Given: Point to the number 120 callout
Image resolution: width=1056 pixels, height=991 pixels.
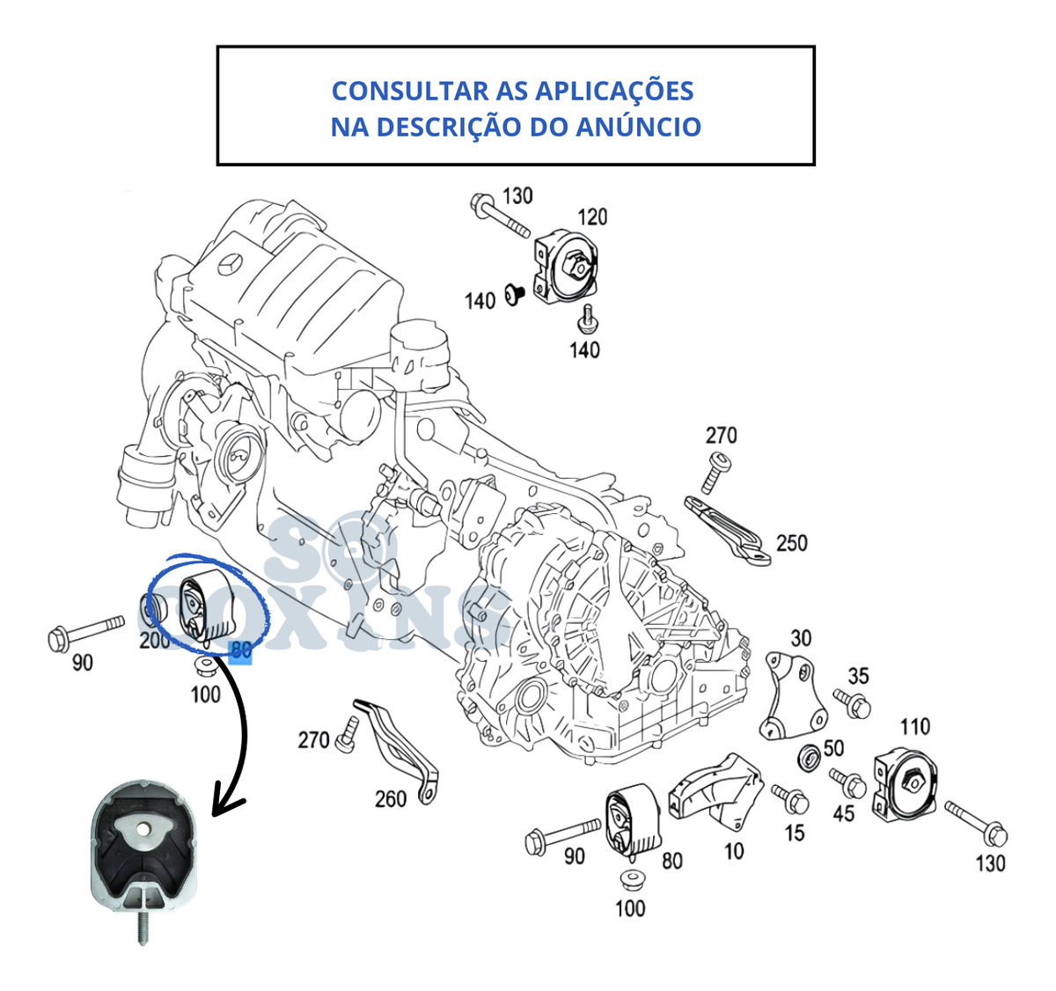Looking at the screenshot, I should click(592, 217).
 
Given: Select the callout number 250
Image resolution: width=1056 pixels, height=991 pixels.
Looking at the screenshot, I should click(791, 543).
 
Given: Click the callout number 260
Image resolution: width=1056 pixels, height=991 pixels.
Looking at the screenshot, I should click(391, 798).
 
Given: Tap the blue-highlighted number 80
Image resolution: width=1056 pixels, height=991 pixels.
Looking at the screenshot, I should click(240, 651).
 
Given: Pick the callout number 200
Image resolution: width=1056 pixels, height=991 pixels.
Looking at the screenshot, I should click(155, 640).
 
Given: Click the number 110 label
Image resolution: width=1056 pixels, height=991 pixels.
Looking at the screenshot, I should click(914, 726).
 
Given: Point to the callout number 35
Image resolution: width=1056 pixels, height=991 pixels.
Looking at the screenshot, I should click(858, 676).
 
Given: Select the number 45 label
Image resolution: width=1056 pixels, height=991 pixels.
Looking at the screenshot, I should click(843, 812).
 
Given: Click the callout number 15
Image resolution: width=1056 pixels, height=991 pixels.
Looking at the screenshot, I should click(794, 832).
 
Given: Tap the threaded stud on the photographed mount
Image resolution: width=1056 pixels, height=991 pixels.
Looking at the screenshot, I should click(141, 925).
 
